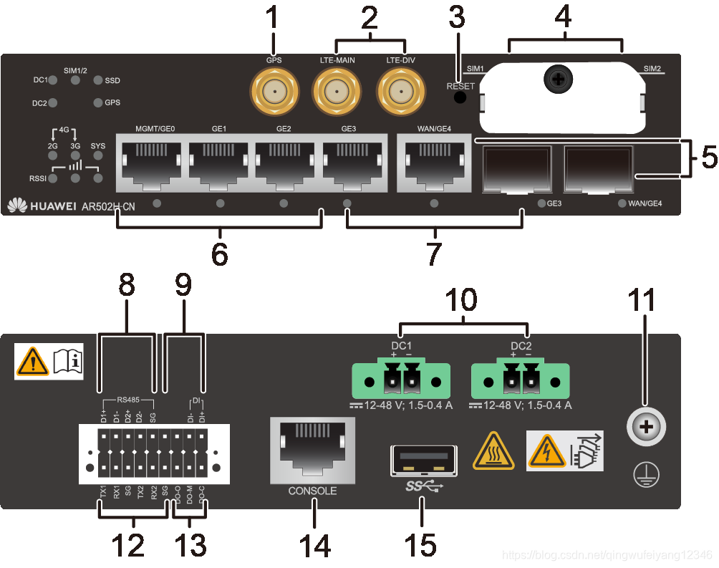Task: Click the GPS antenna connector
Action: [x=273, y=93]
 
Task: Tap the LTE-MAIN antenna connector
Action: [x=337, y=93]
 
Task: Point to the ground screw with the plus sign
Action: [x=647, y=428]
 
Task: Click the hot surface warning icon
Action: [x=491, y=451]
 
